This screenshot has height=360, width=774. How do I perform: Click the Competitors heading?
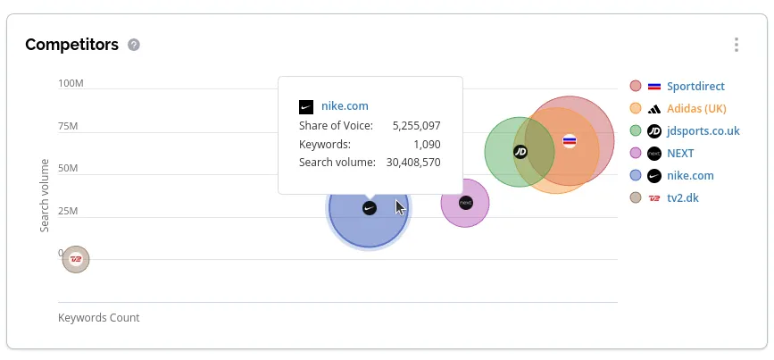click(71, 45)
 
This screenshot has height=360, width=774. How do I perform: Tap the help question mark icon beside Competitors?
click(134, 45)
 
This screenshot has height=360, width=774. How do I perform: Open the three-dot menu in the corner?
click(737, 45)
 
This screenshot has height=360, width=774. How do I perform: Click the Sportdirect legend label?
click(695, 87)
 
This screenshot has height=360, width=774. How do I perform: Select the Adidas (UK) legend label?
click(696, 109)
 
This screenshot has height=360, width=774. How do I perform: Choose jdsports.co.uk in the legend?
click(703, 131)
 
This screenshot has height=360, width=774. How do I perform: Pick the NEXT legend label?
click(680, 154)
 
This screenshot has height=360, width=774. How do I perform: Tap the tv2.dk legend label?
click(683, 198)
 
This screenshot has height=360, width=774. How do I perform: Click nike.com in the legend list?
click(690, 176)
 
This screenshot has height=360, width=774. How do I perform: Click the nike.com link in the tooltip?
click(345, 106)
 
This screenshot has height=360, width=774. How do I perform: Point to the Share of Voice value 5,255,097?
click(416, 126)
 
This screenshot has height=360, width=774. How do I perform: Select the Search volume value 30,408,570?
click(412, 163)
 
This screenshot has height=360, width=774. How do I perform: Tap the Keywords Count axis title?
click(99, 318)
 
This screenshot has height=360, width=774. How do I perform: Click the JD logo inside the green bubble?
click(520, 152)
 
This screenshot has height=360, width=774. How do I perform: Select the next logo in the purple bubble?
click(465, 203)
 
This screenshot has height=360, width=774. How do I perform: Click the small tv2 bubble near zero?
click(76, 259)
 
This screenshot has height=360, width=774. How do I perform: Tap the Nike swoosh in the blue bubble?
click(370, 208)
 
